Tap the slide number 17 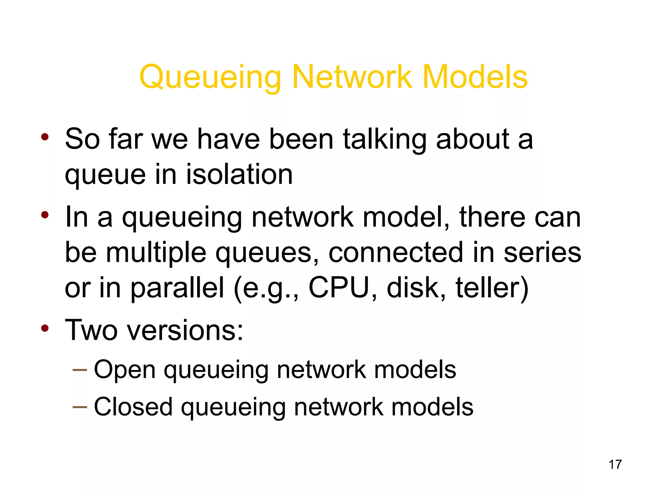[615, 464]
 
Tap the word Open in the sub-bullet [124, 370]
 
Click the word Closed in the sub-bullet [133, 407]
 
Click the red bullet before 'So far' [45, 137]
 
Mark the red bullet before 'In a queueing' [45, 215]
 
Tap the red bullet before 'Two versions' [45, 328]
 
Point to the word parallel [177, 288]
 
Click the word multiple [156, 252]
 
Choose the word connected [396, 252]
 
